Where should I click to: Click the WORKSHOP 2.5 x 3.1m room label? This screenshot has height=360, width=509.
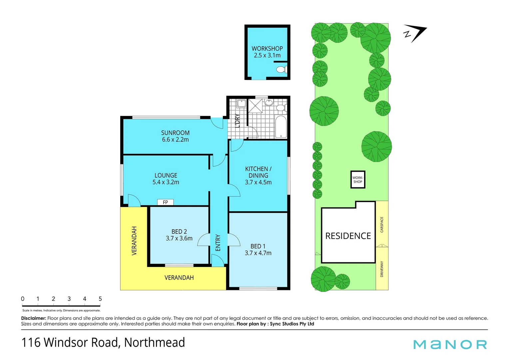[x=267, y=52]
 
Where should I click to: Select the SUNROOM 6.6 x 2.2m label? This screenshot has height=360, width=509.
[x=175, y=136]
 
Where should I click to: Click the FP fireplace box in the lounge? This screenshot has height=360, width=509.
[x=165, y=202]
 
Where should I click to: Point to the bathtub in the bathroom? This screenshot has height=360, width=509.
[x=281, y=127]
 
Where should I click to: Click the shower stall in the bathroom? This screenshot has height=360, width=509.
[x=255, y=106]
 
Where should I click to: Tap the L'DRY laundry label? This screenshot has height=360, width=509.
[x=237, y=121]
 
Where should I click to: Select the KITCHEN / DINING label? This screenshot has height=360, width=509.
[x=258, y=172]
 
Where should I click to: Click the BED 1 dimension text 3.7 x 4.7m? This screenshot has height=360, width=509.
[x=258, y=253]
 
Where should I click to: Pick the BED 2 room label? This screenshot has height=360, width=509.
[x=179, y=231]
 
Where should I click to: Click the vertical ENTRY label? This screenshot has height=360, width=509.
[x=218, y=243]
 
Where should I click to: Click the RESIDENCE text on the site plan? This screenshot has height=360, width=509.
[x=348, y=236]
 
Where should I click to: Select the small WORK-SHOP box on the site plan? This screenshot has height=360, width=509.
[x=358, y=180]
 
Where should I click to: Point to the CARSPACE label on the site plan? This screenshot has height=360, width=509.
[x=382, y=225]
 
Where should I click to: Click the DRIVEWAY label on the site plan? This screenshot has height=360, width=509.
[x=382, y=269]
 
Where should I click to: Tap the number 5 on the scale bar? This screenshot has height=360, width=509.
[x=100, y=299]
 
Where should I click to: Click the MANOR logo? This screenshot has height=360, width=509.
[x=450, y=344]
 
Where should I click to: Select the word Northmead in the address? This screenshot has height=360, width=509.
[x=155, y=343]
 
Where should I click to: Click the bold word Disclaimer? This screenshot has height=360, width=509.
[x=33, y=318]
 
